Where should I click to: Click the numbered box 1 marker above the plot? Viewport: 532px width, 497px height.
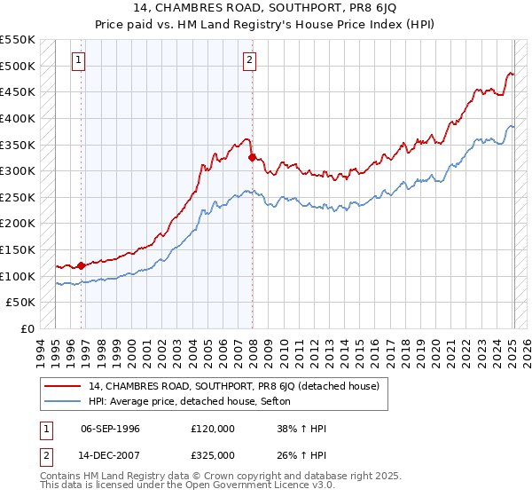(x=79, y=60)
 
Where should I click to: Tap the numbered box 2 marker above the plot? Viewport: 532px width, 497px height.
(x=249, y=60)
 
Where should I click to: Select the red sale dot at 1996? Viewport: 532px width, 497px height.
(x=82, y=265)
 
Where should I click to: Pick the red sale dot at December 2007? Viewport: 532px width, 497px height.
(x=253, y=158)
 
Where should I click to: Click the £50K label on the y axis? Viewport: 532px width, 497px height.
(x=21, y=303)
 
